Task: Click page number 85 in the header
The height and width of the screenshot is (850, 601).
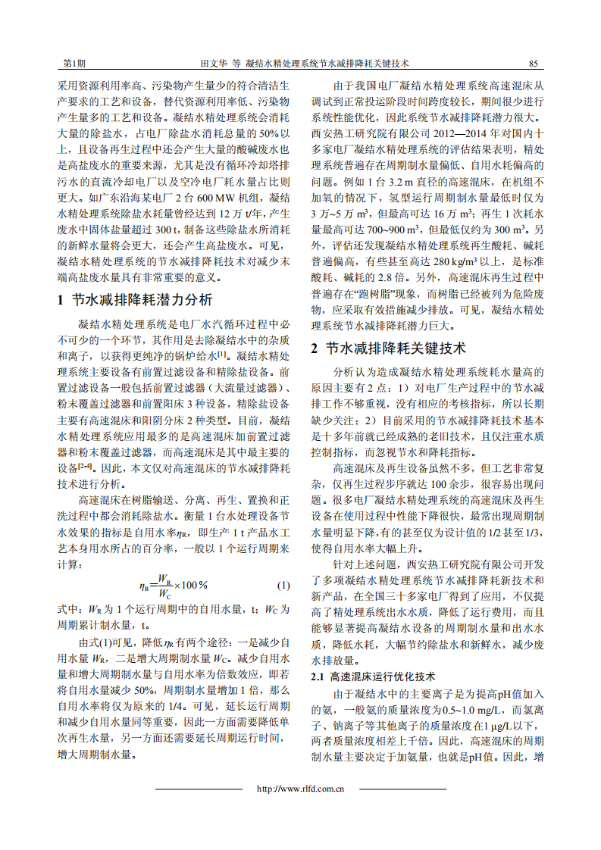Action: coord(533,64)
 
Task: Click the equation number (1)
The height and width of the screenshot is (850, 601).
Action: coord(283,586)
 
